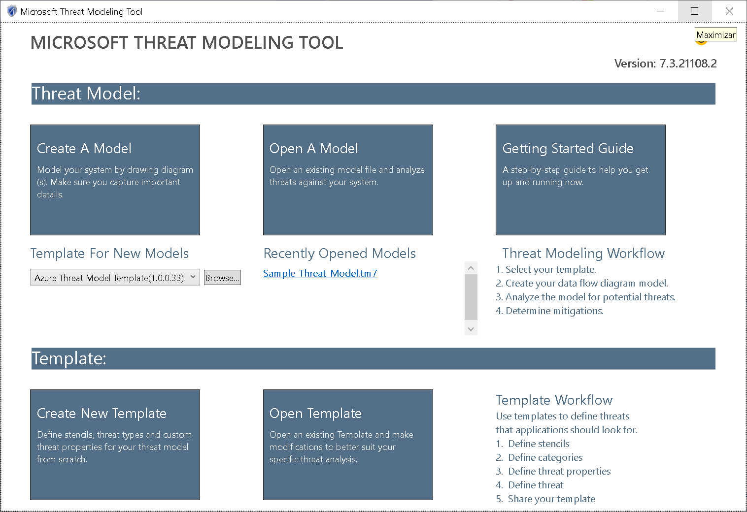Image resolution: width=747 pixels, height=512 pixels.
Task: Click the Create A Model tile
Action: [115, 180]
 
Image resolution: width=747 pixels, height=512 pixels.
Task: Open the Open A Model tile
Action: [348, 180]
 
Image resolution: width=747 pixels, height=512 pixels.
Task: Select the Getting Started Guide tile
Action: [580, 180]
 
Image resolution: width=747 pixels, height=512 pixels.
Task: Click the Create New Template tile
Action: [115, 445]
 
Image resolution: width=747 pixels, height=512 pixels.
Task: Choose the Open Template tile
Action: [348, 445]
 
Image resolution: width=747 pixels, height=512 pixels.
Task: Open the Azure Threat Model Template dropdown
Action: [115, 278]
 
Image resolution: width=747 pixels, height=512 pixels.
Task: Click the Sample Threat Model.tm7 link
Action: [320, 274]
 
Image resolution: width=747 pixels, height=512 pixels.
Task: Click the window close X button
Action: [729, 11]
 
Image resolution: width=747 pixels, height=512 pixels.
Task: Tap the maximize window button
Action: [695, 11]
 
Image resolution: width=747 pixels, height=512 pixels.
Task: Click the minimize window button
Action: [660, 11]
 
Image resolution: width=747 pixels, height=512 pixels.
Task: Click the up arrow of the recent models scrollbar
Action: [471, 268]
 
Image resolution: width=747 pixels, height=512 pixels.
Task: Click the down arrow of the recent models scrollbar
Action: [471, 329]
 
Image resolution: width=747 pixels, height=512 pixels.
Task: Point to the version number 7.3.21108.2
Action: [688, 64]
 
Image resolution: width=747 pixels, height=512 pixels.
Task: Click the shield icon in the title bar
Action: [12, 11]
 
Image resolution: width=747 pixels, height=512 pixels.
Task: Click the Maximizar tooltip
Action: [716, 34]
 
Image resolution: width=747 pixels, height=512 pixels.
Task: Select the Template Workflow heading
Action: [554, 400]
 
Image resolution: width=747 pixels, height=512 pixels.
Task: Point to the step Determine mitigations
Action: [549, 311]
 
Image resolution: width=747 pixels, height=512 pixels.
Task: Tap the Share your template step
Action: [545, 499]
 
